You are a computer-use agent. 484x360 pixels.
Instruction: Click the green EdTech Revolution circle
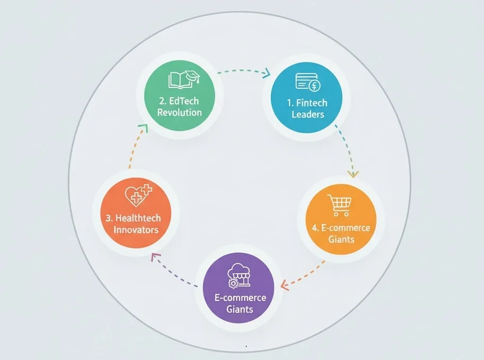[x=180, y=95]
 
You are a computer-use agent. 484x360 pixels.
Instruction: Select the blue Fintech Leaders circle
[x=306, y=98]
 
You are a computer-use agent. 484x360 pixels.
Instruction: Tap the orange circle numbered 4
[x=341, y=220]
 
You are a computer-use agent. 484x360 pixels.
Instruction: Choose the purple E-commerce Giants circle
[x=239, y=288]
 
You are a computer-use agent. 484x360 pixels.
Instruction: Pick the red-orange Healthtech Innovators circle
[x=136, y=213]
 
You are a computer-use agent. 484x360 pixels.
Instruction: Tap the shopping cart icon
[x=339, y=205]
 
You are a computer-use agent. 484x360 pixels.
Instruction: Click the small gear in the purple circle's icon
[x=233, y=283]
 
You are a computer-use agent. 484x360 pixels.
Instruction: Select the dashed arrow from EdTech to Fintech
[x=244, y=71]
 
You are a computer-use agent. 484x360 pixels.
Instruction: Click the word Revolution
[x=180, y=112]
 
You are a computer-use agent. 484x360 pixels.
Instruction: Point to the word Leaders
[x=308, y=114]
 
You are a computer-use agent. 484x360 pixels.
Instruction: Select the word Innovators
[x=136, y=230]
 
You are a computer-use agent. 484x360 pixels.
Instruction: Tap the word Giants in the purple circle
[x=240, y=309]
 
